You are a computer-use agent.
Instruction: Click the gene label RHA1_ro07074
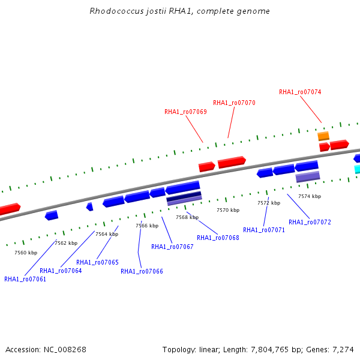point(300,92)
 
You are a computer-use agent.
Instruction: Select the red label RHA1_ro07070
point(234,103)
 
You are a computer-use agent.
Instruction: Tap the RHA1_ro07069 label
point(185,112)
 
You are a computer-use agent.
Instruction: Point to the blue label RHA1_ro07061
point(25,279)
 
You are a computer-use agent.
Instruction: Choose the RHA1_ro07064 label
point(61,271)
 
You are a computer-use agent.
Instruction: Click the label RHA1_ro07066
point(142,271)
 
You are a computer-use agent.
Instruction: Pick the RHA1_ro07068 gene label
point(218,238)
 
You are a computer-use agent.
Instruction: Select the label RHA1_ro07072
point(310,222)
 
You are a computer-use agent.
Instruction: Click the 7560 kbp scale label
point(26,253)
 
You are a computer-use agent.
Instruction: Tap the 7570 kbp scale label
point(228,210)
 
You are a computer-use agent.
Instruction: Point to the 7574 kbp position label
point(310,196)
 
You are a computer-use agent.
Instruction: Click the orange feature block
point(323,136)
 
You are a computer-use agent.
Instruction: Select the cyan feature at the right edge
point(357,169)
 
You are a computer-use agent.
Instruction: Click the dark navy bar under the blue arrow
point(184,196)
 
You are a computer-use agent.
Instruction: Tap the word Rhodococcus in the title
point(116,11)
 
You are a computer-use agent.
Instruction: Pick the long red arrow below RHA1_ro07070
point(232,162)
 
